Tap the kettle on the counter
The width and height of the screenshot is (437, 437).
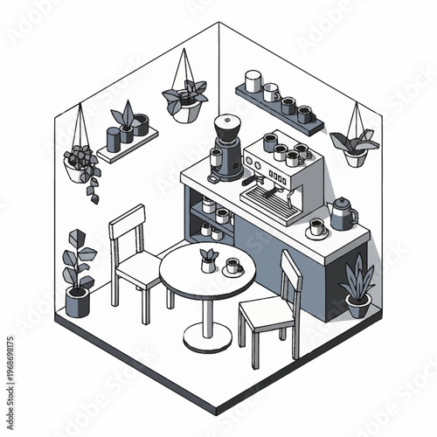pos(342,212)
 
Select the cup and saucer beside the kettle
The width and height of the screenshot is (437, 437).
pos(317,229)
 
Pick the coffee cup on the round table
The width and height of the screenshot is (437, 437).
pos(232,266)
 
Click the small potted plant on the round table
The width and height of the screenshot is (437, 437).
pos(209,260)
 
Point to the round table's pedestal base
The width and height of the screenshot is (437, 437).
pos(207,337)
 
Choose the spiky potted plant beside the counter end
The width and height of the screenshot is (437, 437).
pos(357,289)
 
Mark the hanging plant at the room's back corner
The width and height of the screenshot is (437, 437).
pos(185,99)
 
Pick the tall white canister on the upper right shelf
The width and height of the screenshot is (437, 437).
pos(253,81)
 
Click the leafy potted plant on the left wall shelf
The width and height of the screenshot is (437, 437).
pos(124,123)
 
